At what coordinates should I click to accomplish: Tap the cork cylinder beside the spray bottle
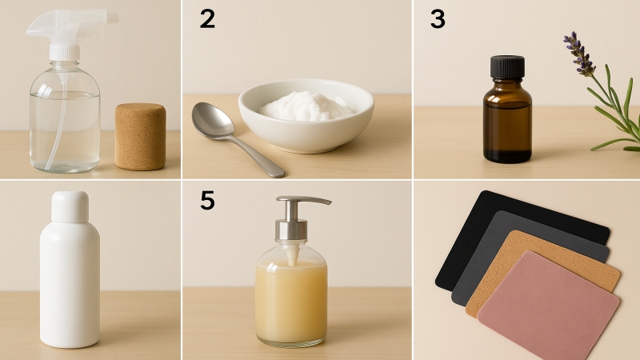click(140, 136)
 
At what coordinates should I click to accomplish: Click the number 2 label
click(207, 19)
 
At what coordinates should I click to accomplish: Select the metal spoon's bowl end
click(213, 120)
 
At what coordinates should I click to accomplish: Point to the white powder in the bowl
click(306, 106)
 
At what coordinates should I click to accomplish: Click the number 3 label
click(438, 19)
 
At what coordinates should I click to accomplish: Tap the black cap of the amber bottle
click(507, 66)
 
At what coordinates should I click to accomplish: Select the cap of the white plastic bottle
click(70, 207)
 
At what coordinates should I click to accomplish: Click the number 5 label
click(207, 200)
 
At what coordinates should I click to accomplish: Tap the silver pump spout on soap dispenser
click(304, 200)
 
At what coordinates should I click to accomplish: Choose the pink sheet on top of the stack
click(549, 306)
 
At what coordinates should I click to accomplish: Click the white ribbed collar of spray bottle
click(65, 52)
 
